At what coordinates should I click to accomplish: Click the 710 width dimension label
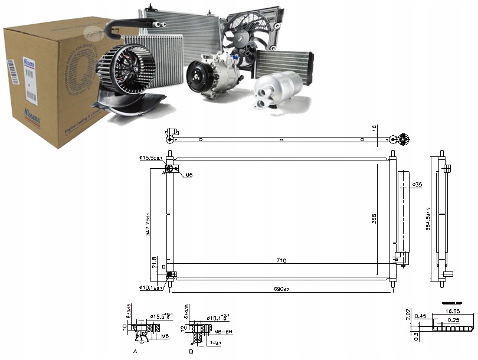pos(281,260)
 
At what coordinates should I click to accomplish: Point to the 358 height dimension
pos(374,219)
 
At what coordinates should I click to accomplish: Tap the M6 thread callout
pos(189,175)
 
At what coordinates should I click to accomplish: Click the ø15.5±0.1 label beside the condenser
pos(151,158)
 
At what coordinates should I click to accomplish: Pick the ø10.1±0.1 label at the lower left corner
pos(151,287)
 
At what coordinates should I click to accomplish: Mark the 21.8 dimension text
pos(155,262)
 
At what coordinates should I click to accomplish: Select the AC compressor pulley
pos(198,77)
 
